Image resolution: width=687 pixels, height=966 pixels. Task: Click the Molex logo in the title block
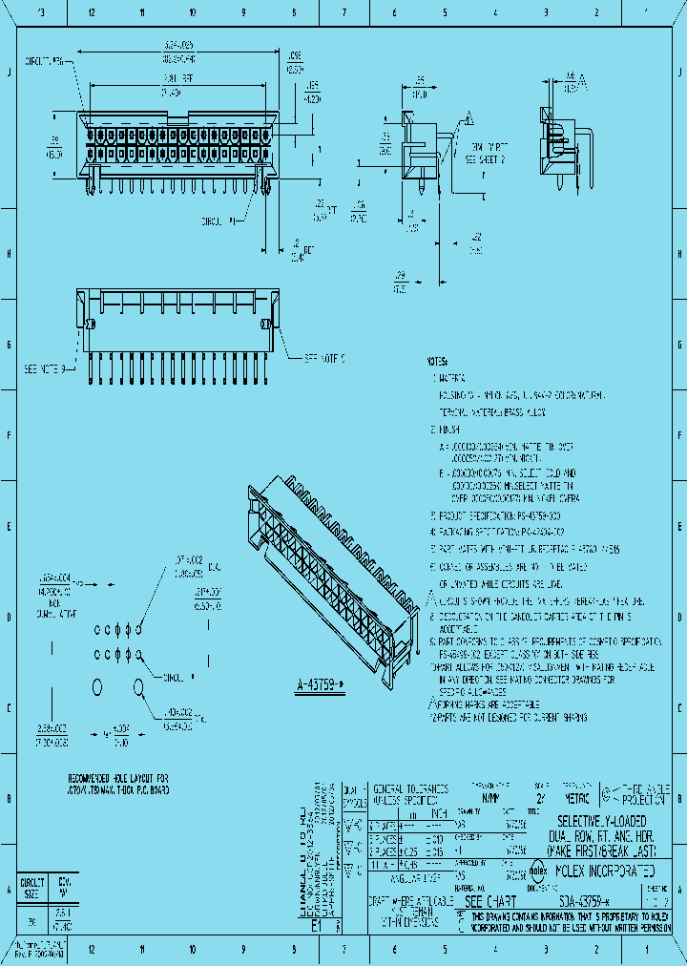coord(536,871)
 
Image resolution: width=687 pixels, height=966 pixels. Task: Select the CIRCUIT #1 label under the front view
coord(215,221)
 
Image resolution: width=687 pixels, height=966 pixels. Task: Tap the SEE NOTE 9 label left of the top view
coord(43,368)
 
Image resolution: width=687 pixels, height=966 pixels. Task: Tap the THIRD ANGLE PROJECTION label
coord(647,796)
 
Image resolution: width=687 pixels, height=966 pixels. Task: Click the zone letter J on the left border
coord(8,72)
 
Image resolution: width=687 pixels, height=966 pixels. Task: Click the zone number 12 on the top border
coord(91,13)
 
